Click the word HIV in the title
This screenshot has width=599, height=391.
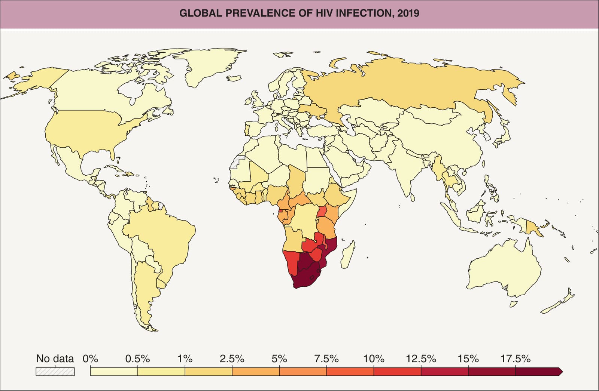[324, 13]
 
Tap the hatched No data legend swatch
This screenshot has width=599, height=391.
[55, 372]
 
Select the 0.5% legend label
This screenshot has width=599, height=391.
[137, 359]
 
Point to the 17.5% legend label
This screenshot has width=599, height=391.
[515, 359]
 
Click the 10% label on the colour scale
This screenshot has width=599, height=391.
[374, 359]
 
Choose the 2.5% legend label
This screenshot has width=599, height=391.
[232, 359]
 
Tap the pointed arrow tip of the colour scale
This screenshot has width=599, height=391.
[562, 372]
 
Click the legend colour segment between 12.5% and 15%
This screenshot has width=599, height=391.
[444, 372]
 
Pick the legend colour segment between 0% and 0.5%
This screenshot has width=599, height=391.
[114, 372]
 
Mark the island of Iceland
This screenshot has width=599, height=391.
[234, 78]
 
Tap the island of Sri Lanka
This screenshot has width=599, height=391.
[413, 197]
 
